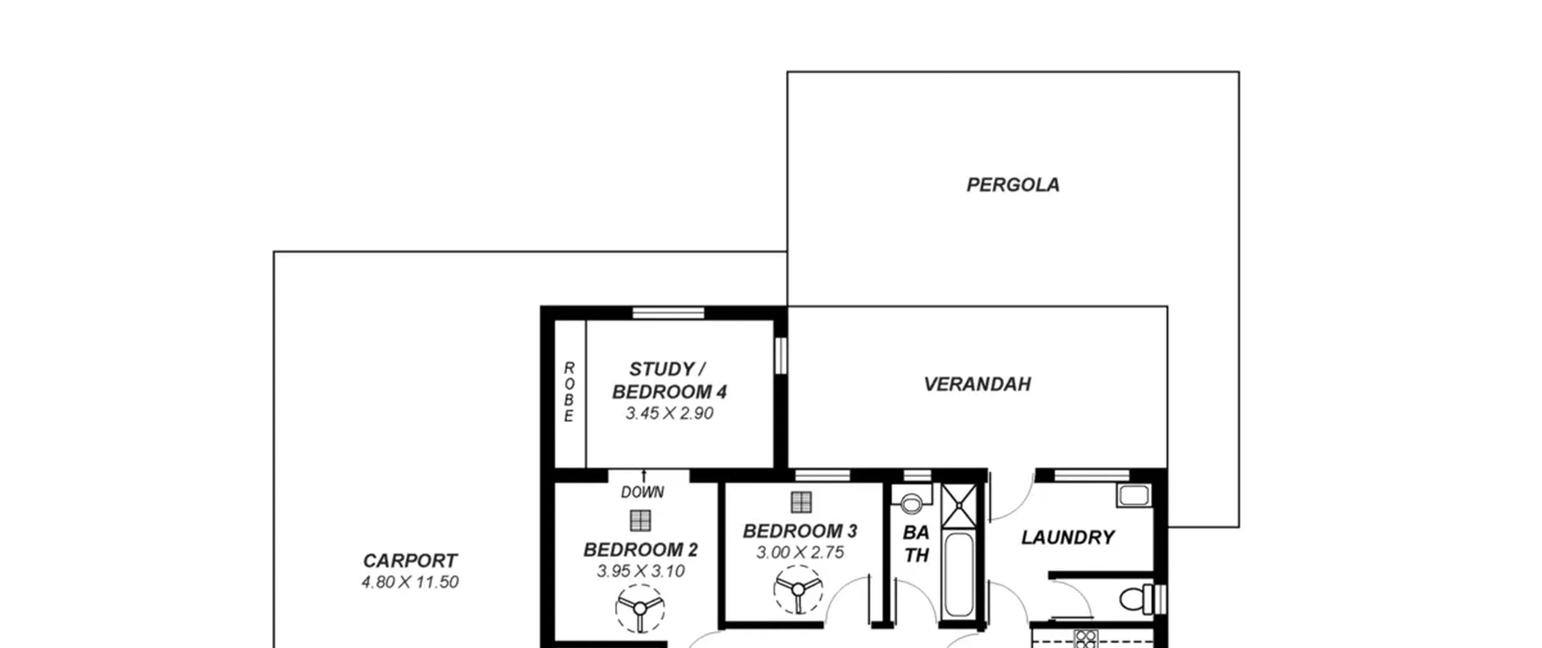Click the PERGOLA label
point(1013,185)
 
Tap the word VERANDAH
point(977,385)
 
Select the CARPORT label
point(410,561)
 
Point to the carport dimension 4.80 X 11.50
point(410,582)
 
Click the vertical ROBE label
point(569,392)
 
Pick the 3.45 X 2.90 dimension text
point(669,414)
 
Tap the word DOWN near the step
point(643,492)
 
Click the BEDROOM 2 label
point(640,550)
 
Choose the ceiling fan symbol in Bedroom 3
point(798,590)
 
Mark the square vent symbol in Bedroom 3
point(801,502)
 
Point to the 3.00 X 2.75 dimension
point(800,553)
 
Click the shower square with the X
point(960,505)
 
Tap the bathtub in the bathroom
point(958,575)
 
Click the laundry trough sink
point(1134,495)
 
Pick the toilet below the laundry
point(1136,599)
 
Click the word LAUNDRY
point(1067,538)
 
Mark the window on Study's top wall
point(668,313)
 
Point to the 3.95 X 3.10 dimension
point(640,571)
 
